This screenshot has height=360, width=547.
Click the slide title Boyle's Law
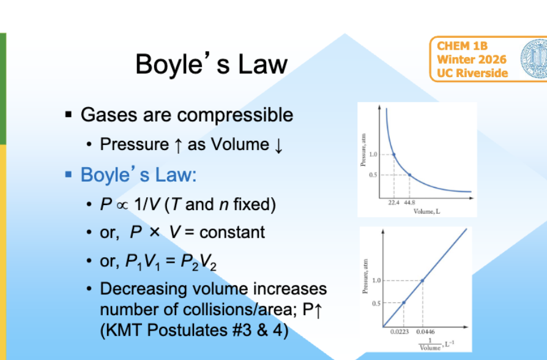coord(211,64)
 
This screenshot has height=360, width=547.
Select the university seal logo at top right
coord(534,59)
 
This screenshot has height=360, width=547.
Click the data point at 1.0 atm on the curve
coord(393,155)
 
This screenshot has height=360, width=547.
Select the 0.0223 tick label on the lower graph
coord(399,331)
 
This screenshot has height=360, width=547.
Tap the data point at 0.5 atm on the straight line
coord(403,302)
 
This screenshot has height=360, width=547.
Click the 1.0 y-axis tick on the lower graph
coord(375,280)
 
